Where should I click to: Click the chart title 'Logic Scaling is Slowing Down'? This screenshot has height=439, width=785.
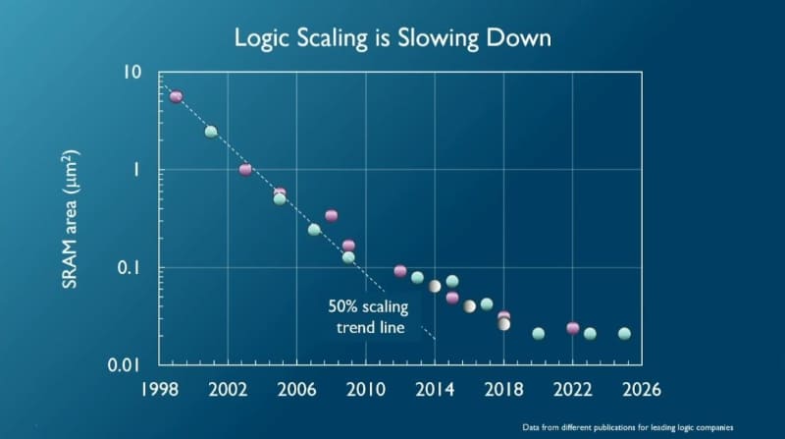(x=392, y=38)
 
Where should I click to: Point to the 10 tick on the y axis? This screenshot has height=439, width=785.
(x=132, y=73)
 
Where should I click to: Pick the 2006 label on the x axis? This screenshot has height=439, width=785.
(x=297, y=388)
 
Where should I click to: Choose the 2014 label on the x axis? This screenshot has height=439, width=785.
(x=435, y=388)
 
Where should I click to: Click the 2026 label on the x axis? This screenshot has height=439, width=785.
(x=642, y=388)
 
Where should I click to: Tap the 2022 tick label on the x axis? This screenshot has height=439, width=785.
(x=573, y=388)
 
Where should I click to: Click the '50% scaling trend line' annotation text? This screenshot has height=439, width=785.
(x=367, y=315)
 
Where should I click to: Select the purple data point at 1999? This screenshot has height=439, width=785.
(x=176, y=96)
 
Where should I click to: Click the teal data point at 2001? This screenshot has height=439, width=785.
(x=210, y=132)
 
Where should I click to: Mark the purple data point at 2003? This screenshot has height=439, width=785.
(x=245, y=170)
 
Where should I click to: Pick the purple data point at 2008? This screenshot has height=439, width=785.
(x=332, y=215)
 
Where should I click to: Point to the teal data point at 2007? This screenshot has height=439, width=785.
(x=314, y=230)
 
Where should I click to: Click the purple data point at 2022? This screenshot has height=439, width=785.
(x=573, y=328)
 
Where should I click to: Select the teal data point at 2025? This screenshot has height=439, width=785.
(x=624, y=334)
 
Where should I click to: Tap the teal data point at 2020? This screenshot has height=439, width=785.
(x=538, y=334)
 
